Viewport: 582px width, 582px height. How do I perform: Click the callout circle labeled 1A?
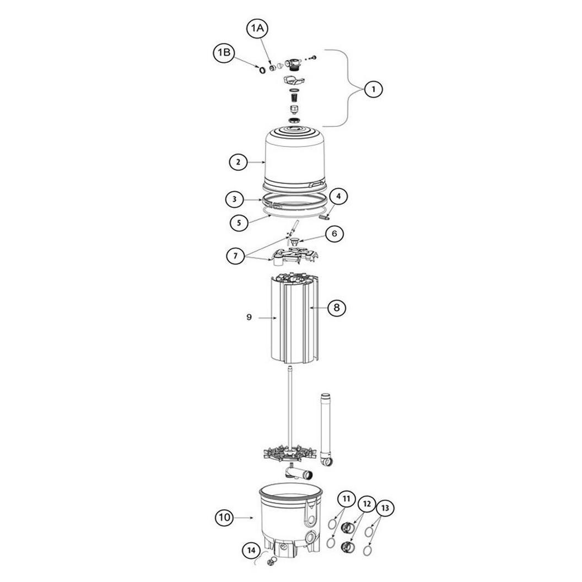click(x=257, y=28)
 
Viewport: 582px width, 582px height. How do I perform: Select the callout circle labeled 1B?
click(x=224, y=53)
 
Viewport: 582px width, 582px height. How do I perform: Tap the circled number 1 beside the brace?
click(x=374, y=89)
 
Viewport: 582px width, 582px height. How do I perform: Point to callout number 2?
click(x=238, y=162)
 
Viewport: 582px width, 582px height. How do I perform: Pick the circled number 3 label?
click(x=235, y=200)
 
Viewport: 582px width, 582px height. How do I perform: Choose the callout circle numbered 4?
click(x=338, y=196)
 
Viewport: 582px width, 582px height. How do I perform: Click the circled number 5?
click(x=239, y=223)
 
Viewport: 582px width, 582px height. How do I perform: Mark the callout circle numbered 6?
click(x=335, y=234)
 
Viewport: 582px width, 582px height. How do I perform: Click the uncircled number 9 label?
click(x=249, y=317)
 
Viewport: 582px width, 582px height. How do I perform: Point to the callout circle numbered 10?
click(x=224, y=517)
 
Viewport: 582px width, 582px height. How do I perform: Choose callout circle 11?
click(x=346, y=499)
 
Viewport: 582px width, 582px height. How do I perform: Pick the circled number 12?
click(x=367, y=504)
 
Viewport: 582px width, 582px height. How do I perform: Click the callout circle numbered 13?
click(x=385, y=508)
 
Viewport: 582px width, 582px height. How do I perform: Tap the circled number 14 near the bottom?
click(x=252, y=550)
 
